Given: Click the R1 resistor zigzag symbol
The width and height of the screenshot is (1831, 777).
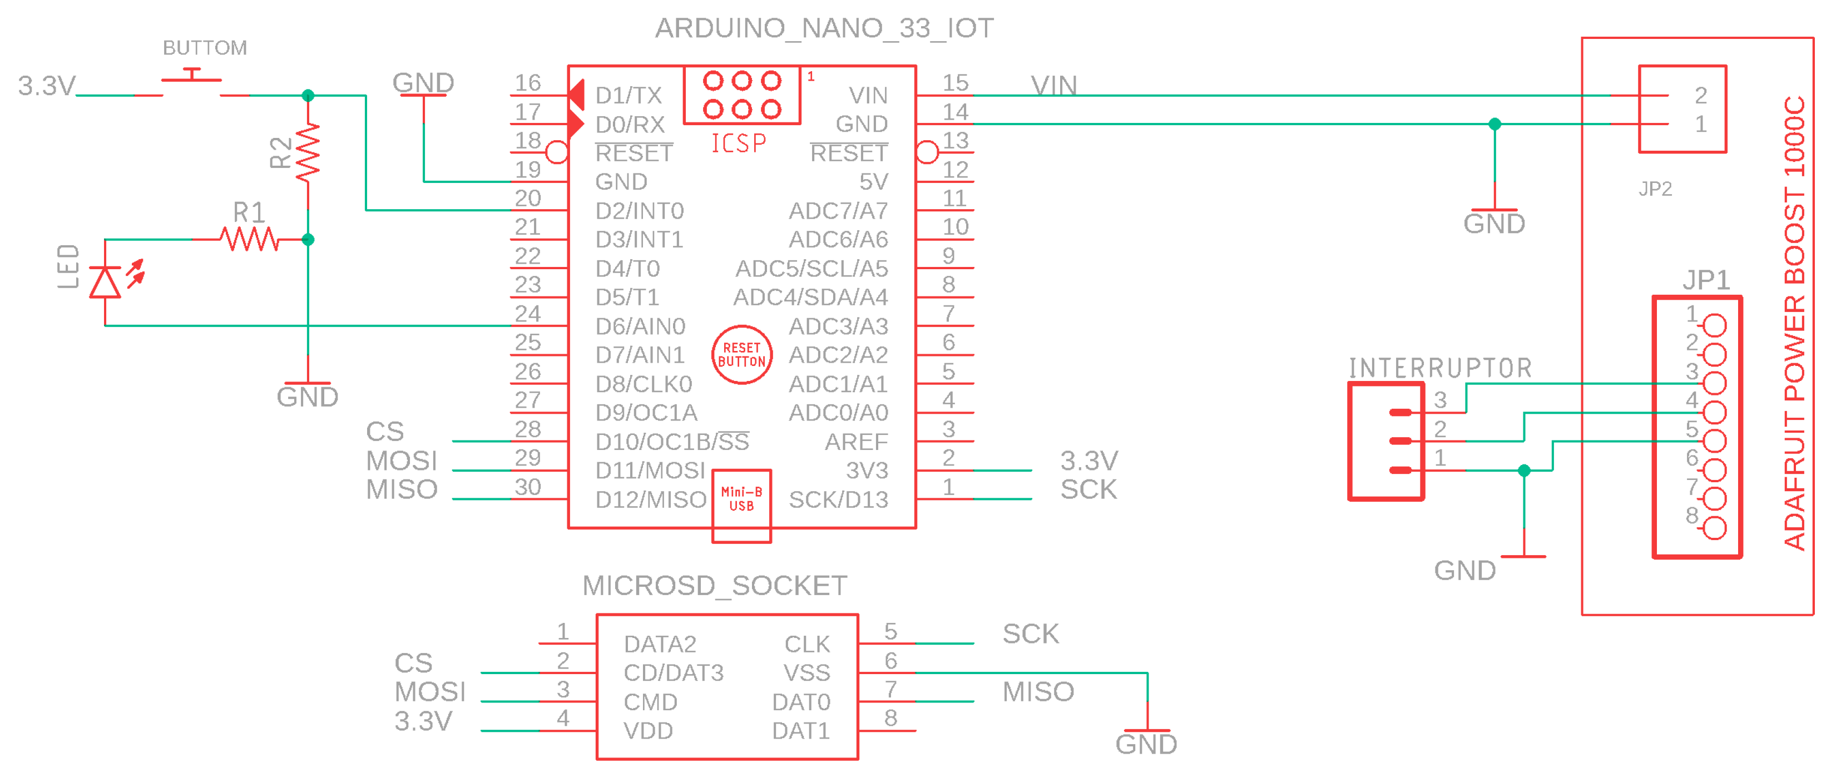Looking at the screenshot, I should click(249, 240).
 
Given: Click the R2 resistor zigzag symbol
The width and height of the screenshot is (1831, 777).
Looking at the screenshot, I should click(308, 152).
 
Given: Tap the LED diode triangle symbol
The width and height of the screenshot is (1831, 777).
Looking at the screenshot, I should click(105, 282).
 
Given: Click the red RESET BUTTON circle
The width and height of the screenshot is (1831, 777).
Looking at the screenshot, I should click(741, 355).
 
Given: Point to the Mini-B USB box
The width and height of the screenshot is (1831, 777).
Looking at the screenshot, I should click(741, 504).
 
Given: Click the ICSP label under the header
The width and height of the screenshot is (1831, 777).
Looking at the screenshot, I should click(739, 144).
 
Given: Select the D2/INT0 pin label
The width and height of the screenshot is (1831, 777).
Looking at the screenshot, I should click(639, 211).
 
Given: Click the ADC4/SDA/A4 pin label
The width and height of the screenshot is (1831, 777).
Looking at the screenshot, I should click(810, 297).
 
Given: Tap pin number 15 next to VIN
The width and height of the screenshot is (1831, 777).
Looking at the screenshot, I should click(956, 83).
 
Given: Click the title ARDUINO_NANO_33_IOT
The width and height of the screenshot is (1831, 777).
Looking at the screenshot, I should click(824, 28).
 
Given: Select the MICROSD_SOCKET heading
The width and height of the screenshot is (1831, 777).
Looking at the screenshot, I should click(714, 586).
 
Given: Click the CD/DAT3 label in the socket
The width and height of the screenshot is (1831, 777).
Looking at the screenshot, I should click(673, 672).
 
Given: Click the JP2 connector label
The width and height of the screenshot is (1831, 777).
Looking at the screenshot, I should click(1655, 189).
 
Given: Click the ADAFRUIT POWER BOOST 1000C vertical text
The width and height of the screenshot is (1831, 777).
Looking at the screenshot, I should click(1794, 324).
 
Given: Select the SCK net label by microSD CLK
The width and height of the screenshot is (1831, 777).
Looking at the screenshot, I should click(1030, 634).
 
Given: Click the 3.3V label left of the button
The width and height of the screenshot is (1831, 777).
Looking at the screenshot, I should click(46, 86).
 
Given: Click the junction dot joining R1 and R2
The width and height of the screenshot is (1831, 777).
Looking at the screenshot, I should click(308, 240).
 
